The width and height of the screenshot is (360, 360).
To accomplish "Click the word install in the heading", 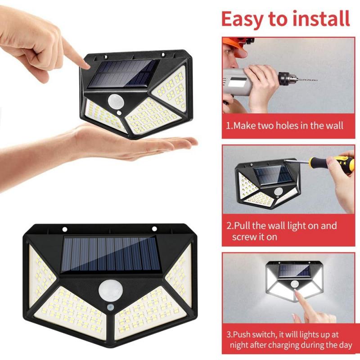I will tap(322, 19).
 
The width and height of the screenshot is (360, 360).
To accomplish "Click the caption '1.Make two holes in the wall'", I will tap(284, 126).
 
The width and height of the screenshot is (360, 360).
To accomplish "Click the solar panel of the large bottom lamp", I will tap(110, 255).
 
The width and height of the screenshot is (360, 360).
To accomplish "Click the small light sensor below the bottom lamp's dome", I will tap(110, 307).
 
